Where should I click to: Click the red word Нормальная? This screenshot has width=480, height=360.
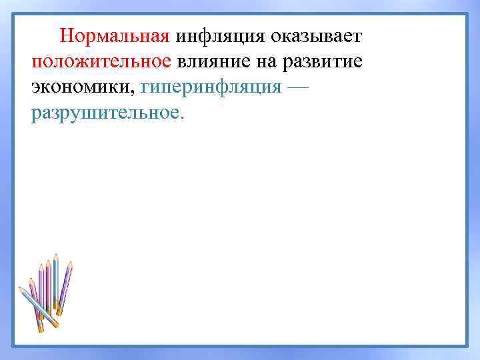pos(115,35)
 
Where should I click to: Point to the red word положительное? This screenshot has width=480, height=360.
pos(101,61)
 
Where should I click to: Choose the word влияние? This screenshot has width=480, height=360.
pos(216,61)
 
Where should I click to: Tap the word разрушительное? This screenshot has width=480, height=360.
pos(103,114)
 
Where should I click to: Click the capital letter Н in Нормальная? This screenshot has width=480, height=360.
pos(65,35)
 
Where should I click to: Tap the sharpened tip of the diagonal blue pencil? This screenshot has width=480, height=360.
pos(20,289)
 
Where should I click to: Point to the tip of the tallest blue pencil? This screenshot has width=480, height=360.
pos(56,255)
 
